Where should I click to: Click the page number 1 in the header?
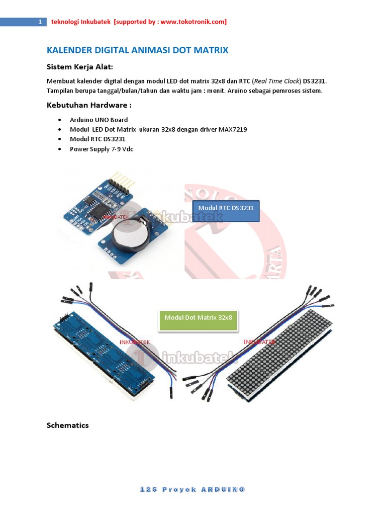pyautogui.click(x=40, y=22)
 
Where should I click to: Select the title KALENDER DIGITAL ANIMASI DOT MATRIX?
pyautogui.click(x=137, y=50)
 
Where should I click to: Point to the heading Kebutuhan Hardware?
pyautogui.click(x=89, y=105)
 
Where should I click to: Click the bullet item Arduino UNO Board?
pyautogui.click(x=99, y=120)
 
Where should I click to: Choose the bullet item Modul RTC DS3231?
pyautogui.click(x=98, y=139)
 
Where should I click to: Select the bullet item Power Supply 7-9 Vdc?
pyautogui.click(x=101, y=149)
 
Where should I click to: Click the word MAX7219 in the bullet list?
pyautogui.click(x=232, y=129)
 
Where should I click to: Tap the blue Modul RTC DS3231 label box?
pyautogui.click(x=226, y=211)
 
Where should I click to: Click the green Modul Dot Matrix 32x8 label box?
pyautogui.click(x=198, y=320)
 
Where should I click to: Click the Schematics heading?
pyautogui.click(x=67, y=425)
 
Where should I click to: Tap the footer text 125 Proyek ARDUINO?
pyautogui.click(x=192, y=489)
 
